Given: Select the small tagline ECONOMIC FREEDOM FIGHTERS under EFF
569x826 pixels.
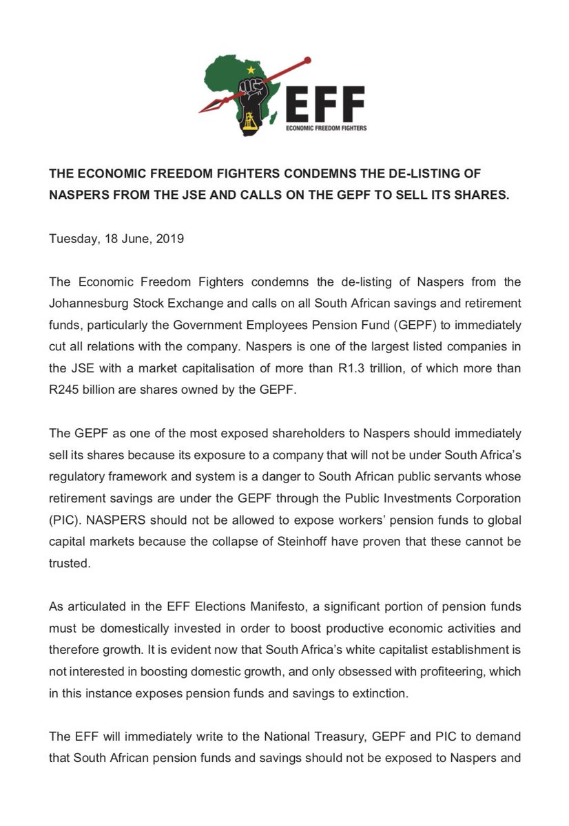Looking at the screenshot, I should (326, 129).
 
